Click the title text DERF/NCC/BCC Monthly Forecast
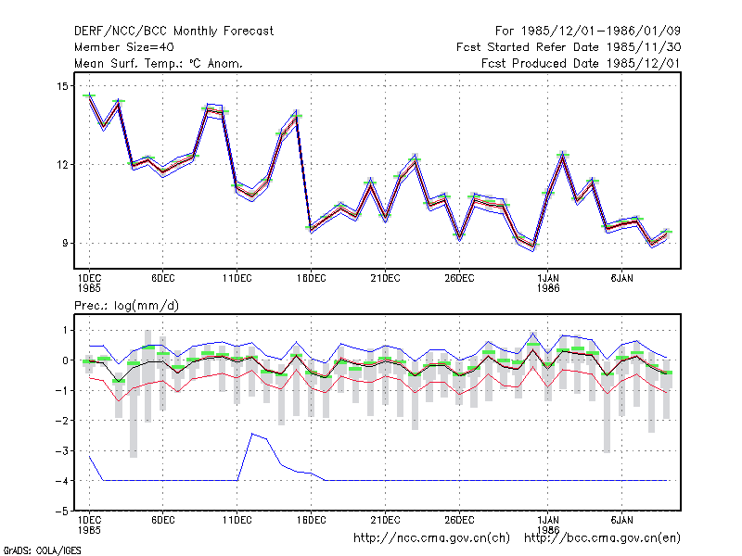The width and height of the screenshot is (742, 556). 173,32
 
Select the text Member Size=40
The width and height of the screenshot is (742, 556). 124,47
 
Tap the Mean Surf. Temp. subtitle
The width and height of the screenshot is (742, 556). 158,63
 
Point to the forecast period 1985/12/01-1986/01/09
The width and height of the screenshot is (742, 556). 588,32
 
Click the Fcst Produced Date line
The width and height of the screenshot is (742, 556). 581,63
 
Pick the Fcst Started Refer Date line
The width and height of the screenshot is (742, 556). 569,47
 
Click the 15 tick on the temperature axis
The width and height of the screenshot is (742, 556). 62,86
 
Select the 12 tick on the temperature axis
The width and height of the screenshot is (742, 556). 62,165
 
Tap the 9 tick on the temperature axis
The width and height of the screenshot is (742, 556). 65,243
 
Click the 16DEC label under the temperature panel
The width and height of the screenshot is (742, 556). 312,278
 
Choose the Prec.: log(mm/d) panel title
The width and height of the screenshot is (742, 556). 126,306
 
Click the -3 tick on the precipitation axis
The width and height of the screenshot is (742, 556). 62,450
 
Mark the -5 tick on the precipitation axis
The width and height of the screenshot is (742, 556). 62,512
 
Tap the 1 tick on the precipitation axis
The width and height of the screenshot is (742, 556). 65,330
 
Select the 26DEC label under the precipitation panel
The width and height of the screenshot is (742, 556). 459,520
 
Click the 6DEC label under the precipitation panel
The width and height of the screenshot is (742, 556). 163,520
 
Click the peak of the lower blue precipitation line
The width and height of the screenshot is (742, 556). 252,433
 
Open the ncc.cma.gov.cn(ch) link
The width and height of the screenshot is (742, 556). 431,538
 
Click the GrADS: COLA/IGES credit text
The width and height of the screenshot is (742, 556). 42,550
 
